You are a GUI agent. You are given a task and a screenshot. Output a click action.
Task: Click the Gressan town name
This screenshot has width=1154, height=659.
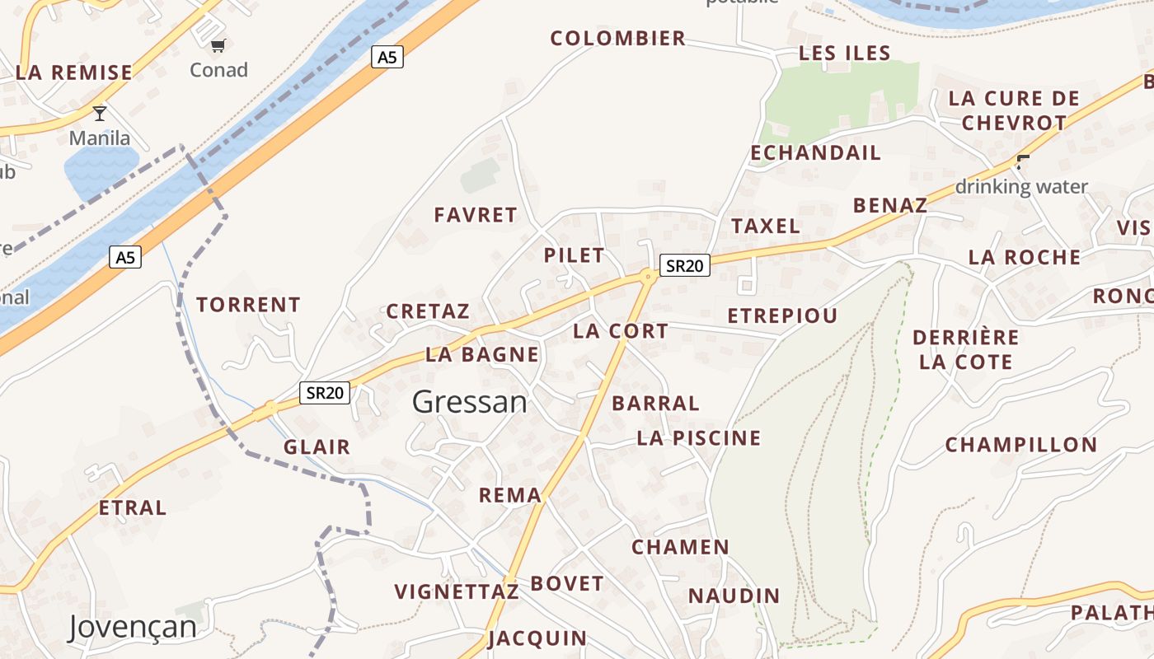pos(469,402)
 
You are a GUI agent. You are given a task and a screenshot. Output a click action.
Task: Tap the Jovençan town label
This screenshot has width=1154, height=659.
pos(133,627)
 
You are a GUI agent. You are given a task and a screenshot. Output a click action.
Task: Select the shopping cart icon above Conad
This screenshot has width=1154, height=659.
pos(218,46)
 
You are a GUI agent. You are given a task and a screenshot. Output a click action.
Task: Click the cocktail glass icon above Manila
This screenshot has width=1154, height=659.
pos(100,114)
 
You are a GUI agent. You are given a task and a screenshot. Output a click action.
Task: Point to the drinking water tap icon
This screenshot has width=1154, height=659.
pos(1023,162)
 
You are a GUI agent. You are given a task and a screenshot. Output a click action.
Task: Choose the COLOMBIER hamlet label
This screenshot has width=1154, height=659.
pos(617,38)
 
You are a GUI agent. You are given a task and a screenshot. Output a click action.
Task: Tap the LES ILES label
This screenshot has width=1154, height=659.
pos(845,54)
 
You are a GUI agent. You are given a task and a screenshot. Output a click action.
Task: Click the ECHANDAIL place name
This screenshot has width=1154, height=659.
pos(815,152)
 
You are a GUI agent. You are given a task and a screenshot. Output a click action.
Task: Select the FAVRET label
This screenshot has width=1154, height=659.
pos(476,215)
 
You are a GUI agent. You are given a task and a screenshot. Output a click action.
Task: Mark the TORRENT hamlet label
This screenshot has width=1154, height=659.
pos(248,305)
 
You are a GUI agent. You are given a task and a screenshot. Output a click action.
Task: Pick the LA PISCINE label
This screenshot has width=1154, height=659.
pos(698,438)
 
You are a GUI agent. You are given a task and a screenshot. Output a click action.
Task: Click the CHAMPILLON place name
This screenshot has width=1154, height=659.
pos(1020,445)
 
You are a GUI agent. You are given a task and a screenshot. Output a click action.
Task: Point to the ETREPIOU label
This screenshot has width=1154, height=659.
pos(782,315)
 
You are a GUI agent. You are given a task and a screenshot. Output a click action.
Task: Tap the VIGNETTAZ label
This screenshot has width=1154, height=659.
pos(456,591)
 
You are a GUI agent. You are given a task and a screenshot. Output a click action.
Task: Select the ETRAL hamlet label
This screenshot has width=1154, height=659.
pos(132,507)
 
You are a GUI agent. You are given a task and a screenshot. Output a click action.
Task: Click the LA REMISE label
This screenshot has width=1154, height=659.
pos(73,72)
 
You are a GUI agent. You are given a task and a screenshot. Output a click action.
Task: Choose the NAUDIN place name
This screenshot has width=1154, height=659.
pos(734,596)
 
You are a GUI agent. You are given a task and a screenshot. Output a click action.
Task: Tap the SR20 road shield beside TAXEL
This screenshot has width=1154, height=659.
pos(685,265)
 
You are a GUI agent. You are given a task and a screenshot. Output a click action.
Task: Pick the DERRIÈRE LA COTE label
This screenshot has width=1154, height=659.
pos(965,349)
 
